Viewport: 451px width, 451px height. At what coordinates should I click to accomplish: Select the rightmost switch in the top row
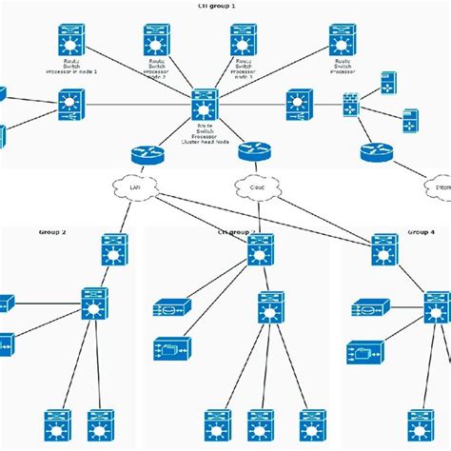pyautogui.click(x=343, y=40)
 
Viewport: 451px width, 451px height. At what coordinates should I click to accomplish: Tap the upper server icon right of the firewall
pyautogui.click(x=388, y=83)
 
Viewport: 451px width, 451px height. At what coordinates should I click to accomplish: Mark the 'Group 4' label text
pyautogui.click(x=421, y=231)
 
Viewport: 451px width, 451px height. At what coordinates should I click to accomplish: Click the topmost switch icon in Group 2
pyautogui.click(x=114, y=249)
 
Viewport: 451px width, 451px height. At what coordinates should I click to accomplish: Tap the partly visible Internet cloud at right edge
pyautogui.click(x=439, y=187)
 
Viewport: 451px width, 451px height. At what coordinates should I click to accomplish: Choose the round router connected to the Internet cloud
pyautogui.click(x=377, y=151)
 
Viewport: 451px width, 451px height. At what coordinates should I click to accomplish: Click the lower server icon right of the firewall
pyautogui.click(x=409, y=120)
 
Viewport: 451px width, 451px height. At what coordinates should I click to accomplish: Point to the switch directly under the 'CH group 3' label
pyautogui.click(x=261, y=249)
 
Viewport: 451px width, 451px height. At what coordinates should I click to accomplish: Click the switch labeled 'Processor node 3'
pyautogui.click(x=244, y=40)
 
